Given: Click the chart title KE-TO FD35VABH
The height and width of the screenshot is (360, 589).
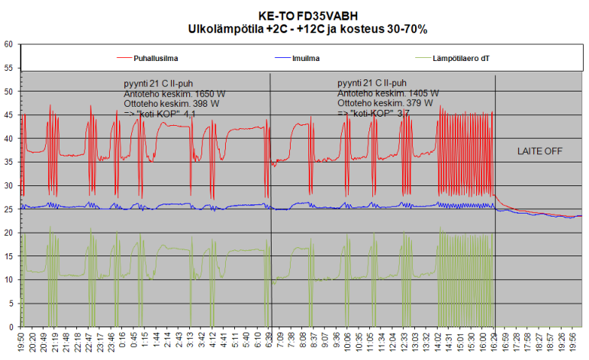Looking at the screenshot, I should click(x=307, y=14).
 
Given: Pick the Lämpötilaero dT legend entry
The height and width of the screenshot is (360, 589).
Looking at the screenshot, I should click(x=461, y=57).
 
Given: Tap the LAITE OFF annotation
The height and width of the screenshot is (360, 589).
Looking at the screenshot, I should click(x=539, y=151).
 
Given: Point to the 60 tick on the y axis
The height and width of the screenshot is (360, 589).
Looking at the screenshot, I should click(x=8, y=44).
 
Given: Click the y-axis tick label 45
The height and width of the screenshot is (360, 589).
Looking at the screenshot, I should click(x=8, y=115).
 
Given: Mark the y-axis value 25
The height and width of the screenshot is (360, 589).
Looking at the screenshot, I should click(x=8, y=209).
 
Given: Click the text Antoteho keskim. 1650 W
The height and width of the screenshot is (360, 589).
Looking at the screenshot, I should click(x=175, y=94).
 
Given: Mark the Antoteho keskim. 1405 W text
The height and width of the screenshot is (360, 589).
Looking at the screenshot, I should click(x=388, y=94).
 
